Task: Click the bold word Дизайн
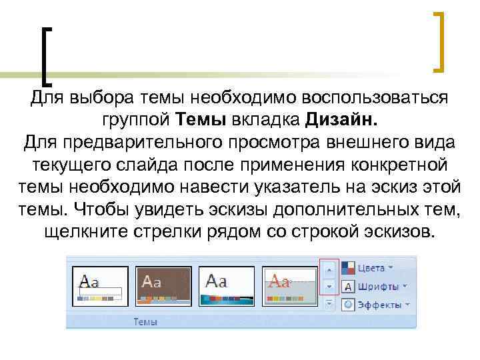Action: click(342, 120)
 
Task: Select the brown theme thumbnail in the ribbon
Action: click(163, 286)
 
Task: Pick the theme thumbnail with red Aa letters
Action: click(290, 286)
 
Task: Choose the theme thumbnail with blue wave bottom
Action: click(227, 286)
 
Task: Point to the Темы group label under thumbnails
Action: click(145, 321)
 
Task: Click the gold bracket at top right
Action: click(439, 41)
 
